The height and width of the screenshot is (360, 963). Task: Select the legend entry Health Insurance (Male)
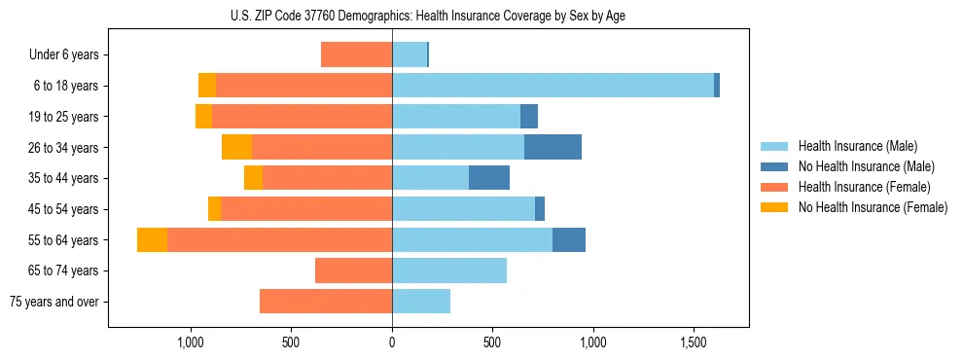click(857, 146)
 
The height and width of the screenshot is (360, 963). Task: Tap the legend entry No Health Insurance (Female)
click(873, 207)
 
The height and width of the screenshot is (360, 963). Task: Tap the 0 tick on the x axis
click(392, 343)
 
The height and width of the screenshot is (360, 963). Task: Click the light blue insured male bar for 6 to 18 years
click(553, 86)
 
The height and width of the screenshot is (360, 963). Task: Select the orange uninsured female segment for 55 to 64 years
click(152, 239)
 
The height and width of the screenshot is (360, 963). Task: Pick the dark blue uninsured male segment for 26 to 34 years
click(553, 147)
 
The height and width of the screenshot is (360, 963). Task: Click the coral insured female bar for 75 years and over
click(326, 302)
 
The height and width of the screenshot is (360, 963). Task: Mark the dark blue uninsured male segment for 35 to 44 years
click(489, 178)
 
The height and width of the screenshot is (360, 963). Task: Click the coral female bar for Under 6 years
click(356, 54)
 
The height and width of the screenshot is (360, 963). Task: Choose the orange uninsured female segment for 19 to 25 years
click(203, 117)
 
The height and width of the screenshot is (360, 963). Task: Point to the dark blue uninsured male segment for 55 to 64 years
click(569, 239)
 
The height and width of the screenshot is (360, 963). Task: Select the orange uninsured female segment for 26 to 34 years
click(236, 147)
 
